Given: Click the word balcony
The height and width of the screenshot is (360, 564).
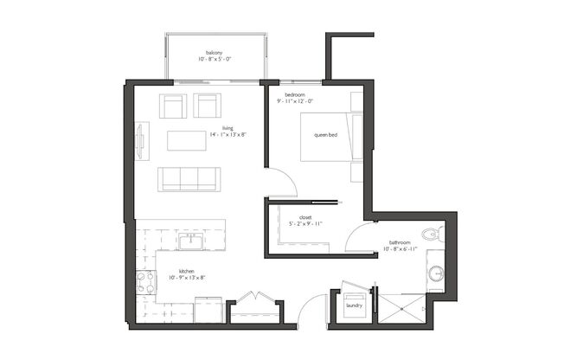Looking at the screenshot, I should (x=215, y=54).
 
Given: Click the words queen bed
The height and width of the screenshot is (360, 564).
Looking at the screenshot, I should (x=325, y=135).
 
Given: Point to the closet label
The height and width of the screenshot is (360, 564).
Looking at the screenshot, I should (x=304, y=217).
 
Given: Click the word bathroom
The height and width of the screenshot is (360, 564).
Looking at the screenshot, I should (x=399, y=242).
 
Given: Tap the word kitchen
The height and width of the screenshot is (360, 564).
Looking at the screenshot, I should (x=187, y=270).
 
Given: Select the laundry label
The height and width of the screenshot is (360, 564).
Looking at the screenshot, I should (x=353, y=305).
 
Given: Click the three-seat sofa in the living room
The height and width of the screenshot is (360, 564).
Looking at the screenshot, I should (x=188, y=179).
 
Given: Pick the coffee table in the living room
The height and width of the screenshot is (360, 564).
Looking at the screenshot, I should (x=187, y=140).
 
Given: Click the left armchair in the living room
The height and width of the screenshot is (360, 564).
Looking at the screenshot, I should (x=173, y=106).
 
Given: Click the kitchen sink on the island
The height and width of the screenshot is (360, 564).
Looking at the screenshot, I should (x=189, y=240).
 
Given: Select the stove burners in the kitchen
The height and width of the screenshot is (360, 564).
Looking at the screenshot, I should (x=145, y=282).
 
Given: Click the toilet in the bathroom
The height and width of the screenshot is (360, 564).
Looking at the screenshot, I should (x=433, y=235).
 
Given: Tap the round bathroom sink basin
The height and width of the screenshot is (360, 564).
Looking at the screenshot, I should (x=435, y=273).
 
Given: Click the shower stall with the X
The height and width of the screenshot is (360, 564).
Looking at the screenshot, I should (x=400, y=307).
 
